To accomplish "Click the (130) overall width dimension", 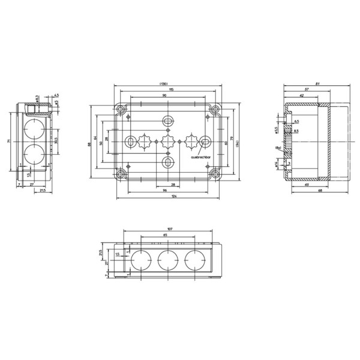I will [164, 83].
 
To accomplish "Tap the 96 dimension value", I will [163, 191].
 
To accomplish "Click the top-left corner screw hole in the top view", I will [122, 109].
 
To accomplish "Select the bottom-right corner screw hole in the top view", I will [214, 175].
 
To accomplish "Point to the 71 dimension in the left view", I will [10, 141].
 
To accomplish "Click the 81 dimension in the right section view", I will [325, 83].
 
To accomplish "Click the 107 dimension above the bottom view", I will [170, 229].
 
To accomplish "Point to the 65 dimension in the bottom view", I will [166, 236].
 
